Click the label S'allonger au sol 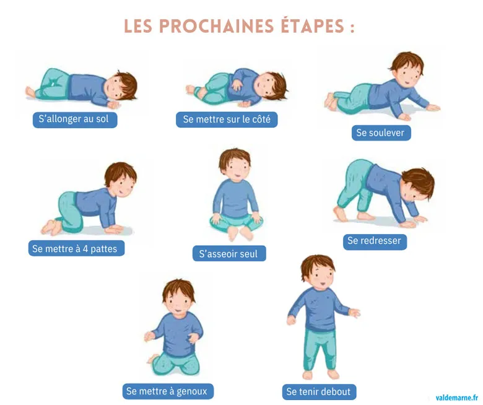[x=75, y=119]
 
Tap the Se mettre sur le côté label [x=227, y=119]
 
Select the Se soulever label [x=381, y=133]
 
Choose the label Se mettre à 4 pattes [x=76, y=249]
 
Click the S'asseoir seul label [x=229, y=253]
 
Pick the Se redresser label [x=375, y=241]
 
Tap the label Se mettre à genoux [x=168, y=391]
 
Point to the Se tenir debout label [x=319, y=391]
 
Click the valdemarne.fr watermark [x=456, y=396]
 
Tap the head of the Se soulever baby [x=406, y=69]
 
